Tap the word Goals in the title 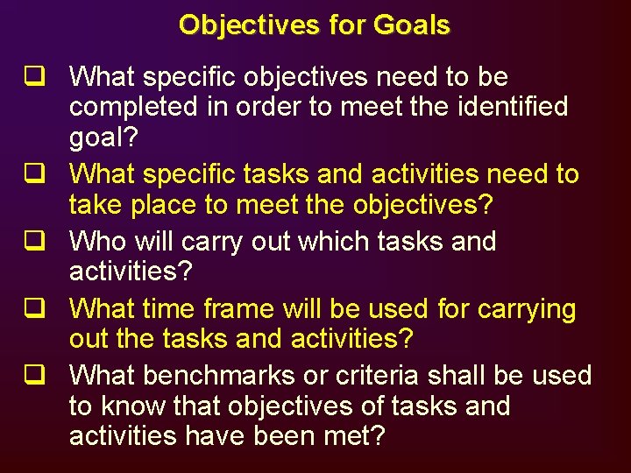(x=411, y=25)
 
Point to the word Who (x=97, y=241)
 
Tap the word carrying (x=525, y=309)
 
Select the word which (x=331, y=241)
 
